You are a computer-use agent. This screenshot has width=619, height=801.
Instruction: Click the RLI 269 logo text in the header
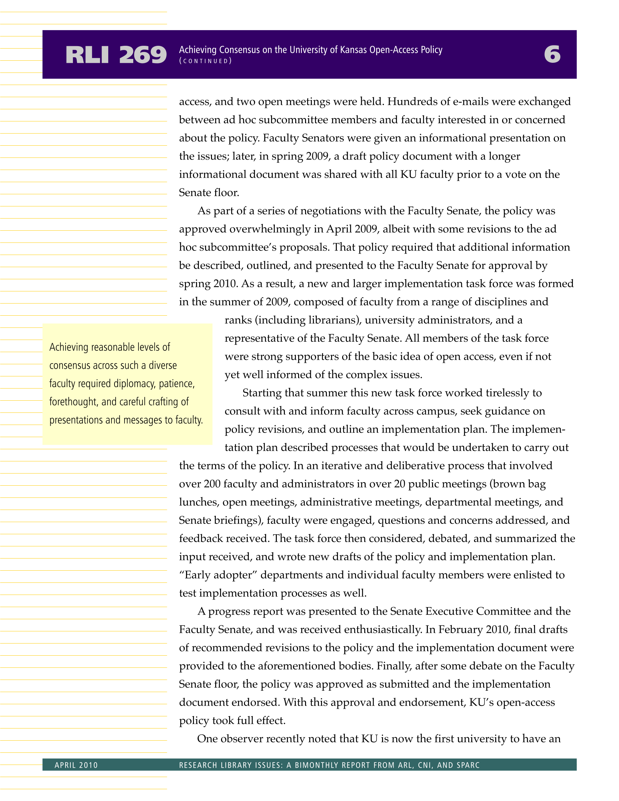coord(116,55)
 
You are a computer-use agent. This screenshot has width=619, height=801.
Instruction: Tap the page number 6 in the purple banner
coord(552,54)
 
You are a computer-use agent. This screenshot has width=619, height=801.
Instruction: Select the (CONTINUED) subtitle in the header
coord(205,61)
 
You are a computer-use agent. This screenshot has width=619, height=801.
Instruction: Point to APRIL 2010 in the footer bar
coord(76,765)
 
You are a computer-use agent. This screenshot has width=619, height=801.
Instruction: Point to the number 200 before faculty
coord(212,484)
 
